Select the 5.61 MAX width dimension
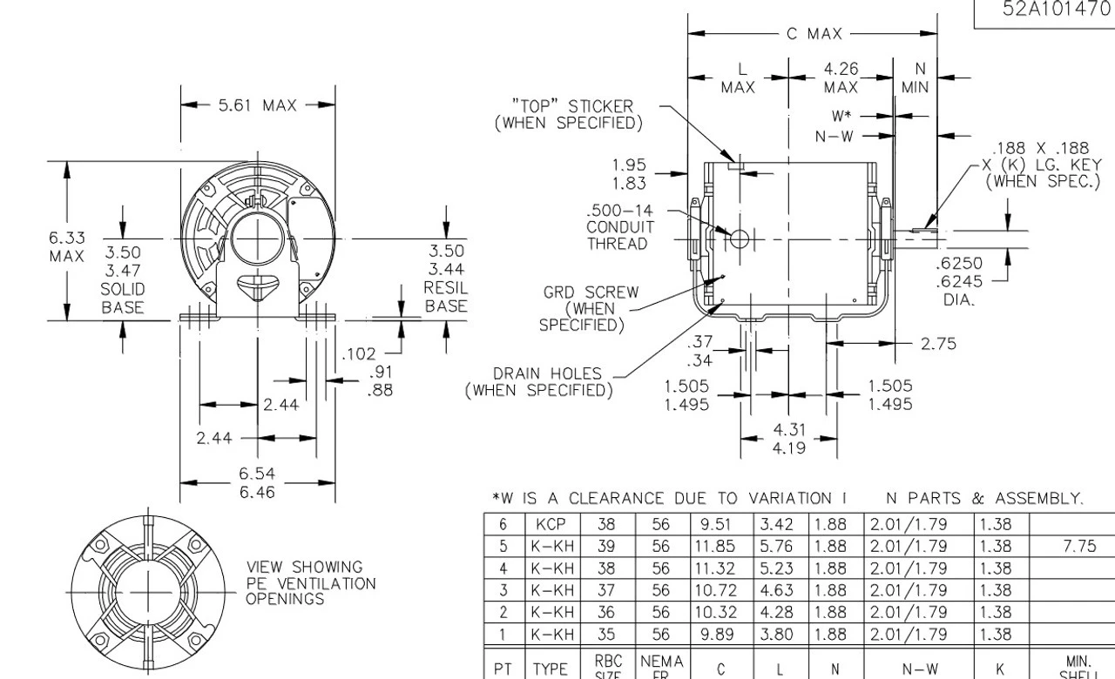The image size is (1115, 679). [258, 106]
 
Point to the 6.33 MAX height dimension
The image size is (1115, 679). [66, 246]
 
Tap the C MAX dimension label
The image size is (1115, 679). [814, 34]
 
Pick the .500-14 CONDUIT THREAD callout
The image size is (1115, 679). [617, 227]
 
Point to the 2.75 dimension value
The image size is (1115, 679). [939, 343]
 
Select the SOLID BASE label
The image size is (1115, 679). [122, 298]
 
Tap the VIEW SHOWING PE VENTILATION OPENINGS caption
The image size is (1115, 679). [310, 582]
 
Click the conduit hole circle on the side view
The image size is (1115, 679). [739, 238]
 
